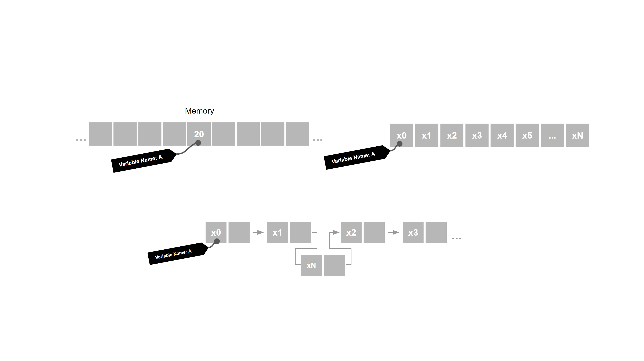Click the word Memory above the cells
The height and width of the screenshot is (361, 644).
click(x=199, y=111)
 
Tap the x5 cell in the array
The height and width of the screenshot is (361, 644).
click(x=527, y=135)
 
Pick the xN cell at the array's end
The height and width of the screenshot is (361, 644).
click(x=577, y=135)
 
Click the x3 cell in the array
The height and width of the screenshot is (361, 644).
click(x=477, y=135)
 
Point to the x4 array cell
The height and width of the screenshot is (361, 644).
click(x=502, y=135)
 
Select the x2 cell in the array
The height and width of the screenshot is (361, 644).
click(x=452, y=135)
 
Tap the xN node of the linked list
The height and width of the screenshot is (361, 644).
click(x=311, y=265)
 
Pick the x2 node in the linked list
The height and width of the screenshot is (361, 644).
click(x=351, y=232)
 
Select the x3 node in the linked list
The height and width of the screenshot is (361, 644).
click(x=413, y=232)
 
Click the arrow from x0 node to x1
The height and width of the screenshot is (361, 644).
click(x=258, y=232)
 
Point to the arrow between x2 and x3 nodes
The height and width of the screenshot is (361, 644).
click(x=393, y=232)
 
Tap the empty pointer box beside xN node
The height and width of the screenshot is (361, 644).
click(x=334, y=265)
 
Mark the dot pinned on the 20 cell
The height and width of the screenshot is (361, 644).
click(x=198, y=143)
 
